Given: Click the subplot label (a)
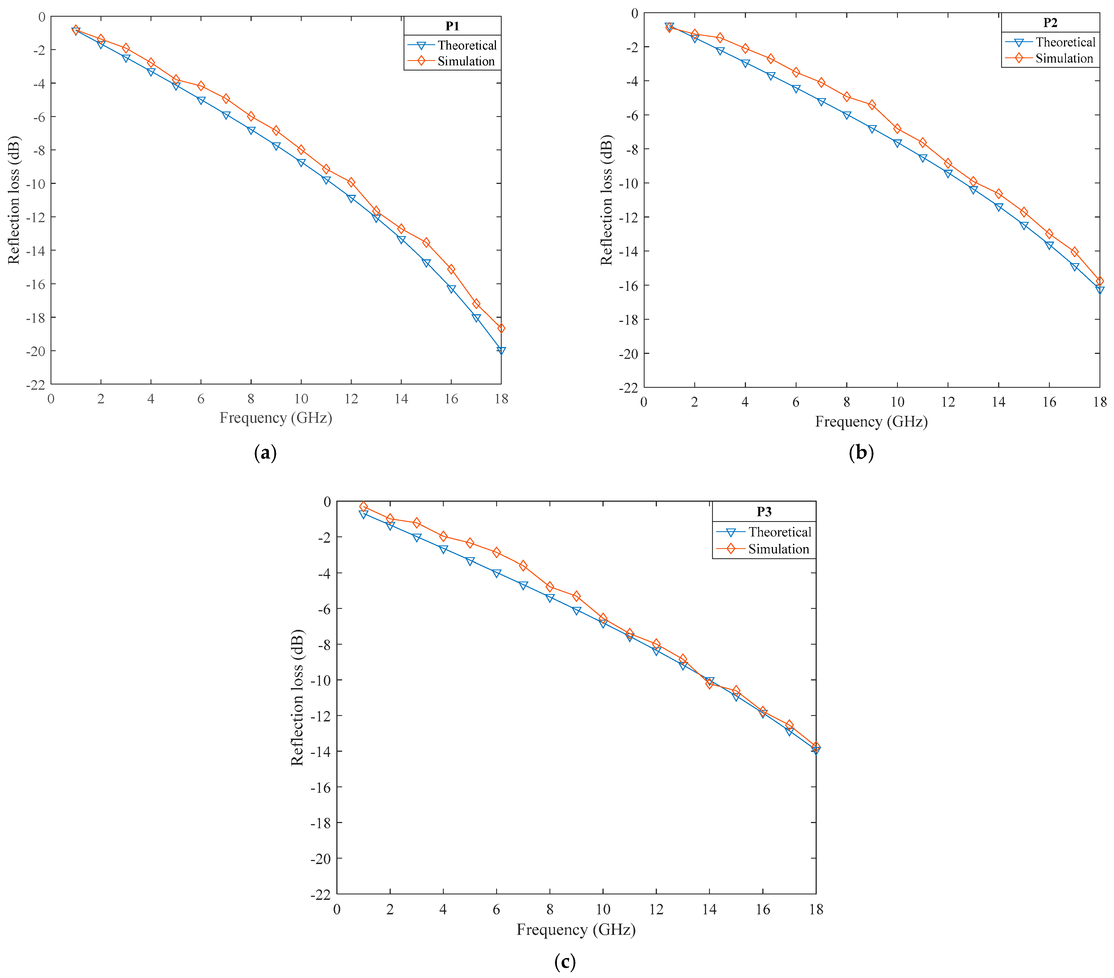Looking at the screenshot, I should click(x=265, y=453).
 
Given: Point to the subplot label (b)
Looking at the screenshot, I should click(x=861, y=453).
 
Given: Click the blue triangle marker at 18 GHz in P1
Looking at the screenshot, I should click(x=501, y=351).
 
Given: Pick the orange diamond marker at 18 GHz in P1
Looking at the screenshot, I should click(x=501, y=328).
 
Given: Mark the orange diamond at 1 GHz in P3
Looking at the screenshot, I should click(x=363, y=506).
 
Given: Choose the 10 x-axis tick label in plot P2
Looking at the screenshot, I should click(x=897, y=402).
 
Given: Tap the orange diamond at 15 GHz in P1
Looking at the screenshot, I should click(x=426, y=242).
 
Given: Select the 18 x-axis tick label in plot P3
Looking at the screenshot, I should click(x=816, y=909).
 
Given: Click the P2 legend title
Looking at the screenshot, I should click(x=1050, y=23).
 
